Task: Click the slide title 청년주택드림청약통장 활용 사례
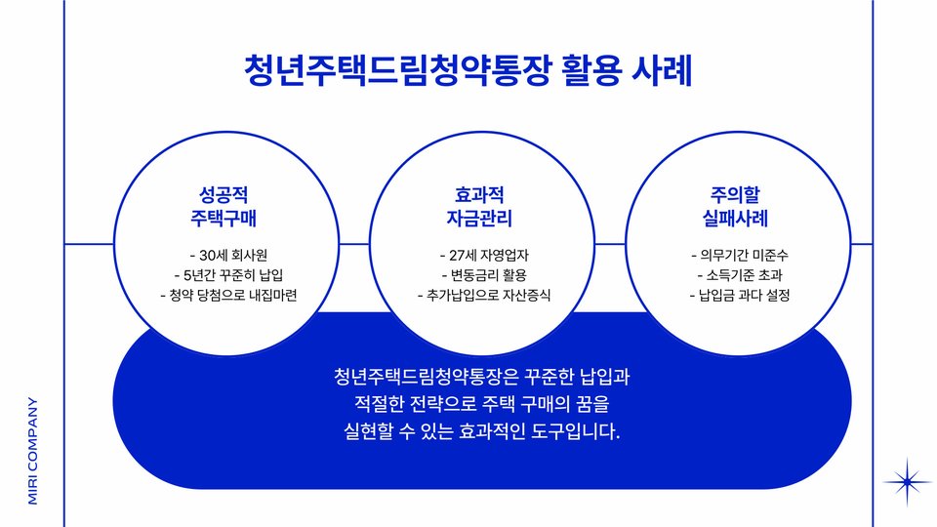coord(468,71)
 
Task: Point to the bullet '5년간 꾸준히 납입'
coord(228,274)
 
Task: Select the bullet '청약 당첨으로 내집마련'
coord(228,294)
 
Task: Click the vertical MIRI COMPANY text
coord(33,449)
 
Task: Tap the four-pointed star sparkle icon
coord(908,480)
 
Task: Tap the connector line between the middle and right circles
coord(610,243)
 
